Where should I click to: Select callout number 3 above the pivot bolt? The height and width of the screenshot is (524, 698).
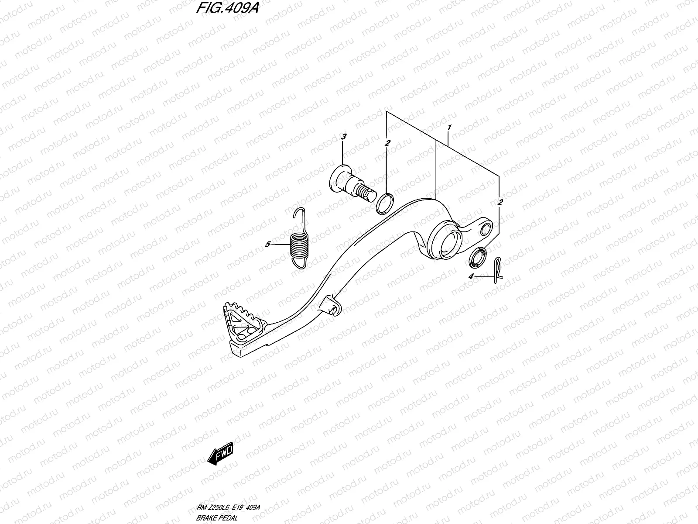343,137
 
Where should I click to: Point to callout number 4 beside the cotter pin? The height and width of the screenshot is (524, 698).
471,276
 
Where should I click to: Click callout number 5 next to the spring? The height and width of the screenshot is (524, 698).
268,244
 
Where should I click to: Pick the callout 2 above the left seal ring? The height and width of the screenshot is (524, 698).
387,143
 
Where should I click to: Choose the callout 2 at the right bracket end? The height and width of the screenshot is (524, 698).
500,202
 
